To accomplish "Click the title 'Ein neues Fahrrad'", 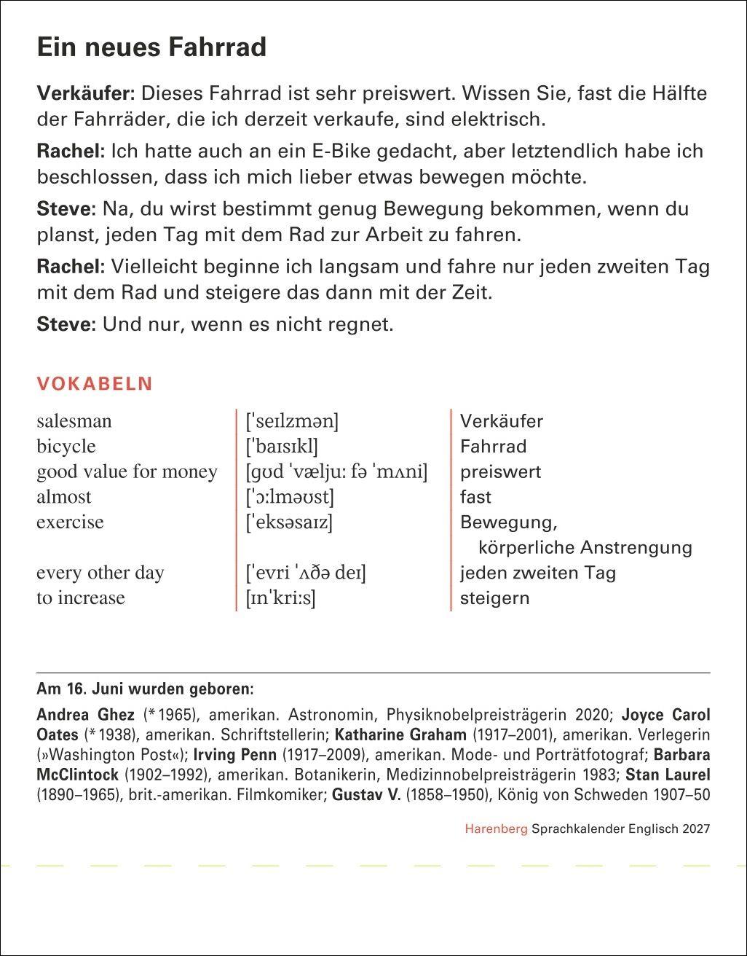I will tap(151, 48).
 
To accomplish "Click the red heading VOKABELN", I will tap(95, 384).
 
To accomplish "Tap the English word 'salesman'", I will tap(74, 421).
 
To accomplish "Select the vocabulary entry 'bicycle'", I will tap(66, 447).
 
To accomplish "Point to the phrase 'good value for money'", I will tap(127, 472).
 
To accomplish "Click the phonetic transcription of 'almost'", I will tap(290, 497).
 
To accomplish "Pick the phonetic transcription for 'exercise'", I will tap(289, 522).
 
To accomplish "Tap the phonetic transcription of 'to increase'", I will tap(281, 598).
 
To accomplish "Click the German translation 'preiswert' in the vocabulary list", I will tap(500, 472).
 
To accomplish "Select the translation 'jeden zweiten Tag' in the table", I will tap(537, 573).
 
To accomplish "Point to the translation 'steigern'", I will tap(494, 598).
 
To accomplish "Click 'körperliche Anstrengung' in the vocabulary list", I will tap(585, 547).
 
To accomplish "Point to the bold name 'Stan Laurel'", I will tap(668, 775).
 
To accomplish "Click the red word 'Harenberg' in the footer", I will tap(496, 828).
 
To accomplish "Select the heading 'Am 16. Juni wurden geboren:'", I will tap(145, 688).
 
